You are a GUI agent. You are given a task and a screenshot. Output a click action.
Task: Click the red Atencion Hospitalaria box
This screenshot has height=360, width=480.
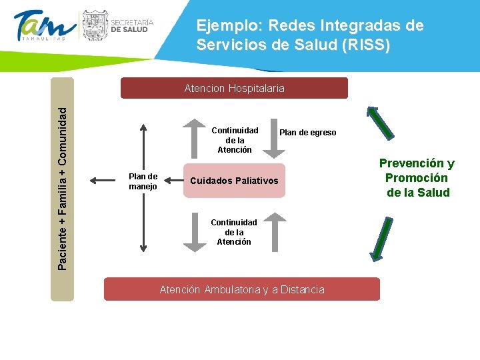coord(234,88)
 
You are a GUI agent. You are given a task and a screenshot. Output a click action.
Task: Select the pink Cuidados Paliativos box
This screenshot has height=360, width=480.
coord(234,181)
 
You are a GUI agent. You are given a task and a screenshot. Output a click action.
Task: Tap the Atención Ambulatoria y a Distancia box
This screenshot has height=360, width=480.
coord(242,289)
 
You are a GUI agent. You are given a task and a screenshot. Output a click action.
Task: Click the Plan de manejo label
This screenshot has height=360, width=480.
coord(143,181)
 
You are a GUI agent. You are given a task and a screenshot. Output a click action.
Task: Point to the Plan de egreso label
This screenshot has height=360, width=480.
coord(308,133)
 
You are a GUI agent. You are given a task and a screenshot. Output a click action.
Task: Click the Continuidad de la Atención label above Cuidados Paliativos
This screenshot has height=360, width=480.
coord(234,140)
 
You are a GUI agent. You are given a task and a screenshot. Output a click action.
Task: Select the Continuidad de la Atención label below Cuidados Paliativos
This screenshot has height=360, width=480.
coord(233,232)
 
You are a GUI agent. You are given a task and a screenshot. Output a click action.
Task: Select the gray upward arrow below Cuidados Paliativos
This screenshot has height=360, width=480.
coord(273,232)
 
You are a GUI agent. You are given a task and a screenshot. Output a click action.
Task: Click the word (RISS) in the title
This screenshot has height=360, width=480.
coord(366,46)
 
